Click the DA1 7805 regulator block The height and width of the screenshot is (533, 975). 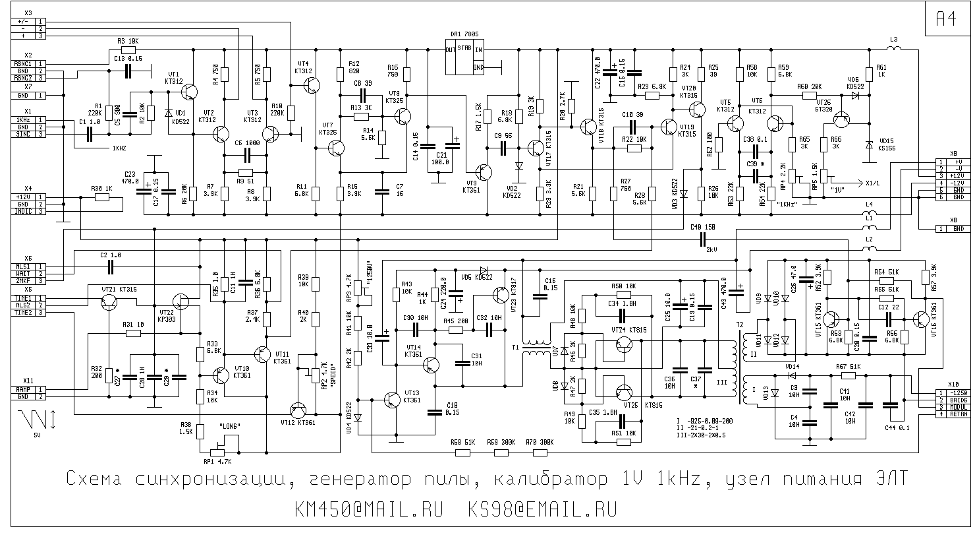(464, 58)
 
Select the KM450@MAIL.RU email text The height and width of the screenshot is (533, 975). (369, 509)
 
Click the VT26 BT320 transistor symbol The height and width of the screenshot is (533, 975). (841, 119)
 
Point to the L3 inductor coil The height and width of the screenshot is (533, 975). (893, 49)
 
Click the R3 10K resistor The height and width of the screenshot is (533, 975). (128, 49)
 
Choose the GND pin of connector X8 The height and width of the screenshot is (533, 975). (957, 228)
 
